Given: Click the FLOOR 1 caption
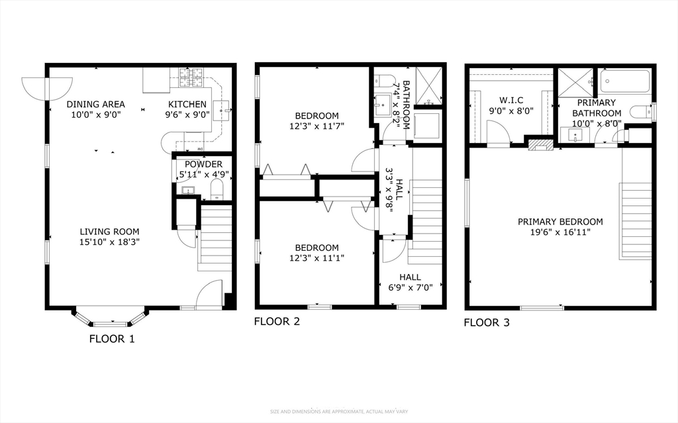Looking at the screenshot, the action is click(x=112, y=339).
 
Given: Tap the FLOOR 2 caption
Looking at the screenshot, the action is click(x=277, y=321).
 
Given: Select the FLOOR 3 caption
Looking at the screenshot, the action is click(x=487, y=322).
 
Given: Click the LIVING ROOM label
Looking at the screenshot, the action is click(x=109, y=232).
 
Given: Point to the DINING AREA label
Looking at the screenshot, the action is click(x=95, y=104).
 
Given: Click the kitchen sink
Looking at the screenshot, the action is click(x=225, y=111).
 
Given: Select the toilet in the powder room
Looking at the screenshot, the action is click(x=217, y=189).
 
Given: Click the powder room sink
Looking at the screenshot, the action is click(x=187, y=190).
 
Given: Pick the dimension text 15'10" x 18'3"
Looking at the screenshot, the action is click(x=109, y=242).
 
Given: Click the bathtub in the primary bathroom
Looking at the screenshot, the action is click(x=625, y=81).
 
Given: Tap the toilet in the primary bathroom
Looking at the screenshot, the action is click(x=641, y=112).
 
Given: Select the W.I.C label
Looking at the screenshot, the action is click(x=511, y=101).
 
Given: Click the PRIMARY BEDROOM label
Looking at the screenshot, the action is click(x=560, y=222).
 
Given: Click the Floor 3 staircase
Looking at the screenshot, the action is click(x=635, y=221).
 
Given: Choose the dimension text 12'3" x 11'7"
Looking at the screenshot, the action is click(x=317, y=126).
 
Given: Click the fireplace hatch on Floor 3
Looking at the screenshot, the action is click(x=541, y=144).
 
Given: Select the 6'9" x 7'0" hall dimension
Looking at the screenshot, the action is click(x=411, y=287).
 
